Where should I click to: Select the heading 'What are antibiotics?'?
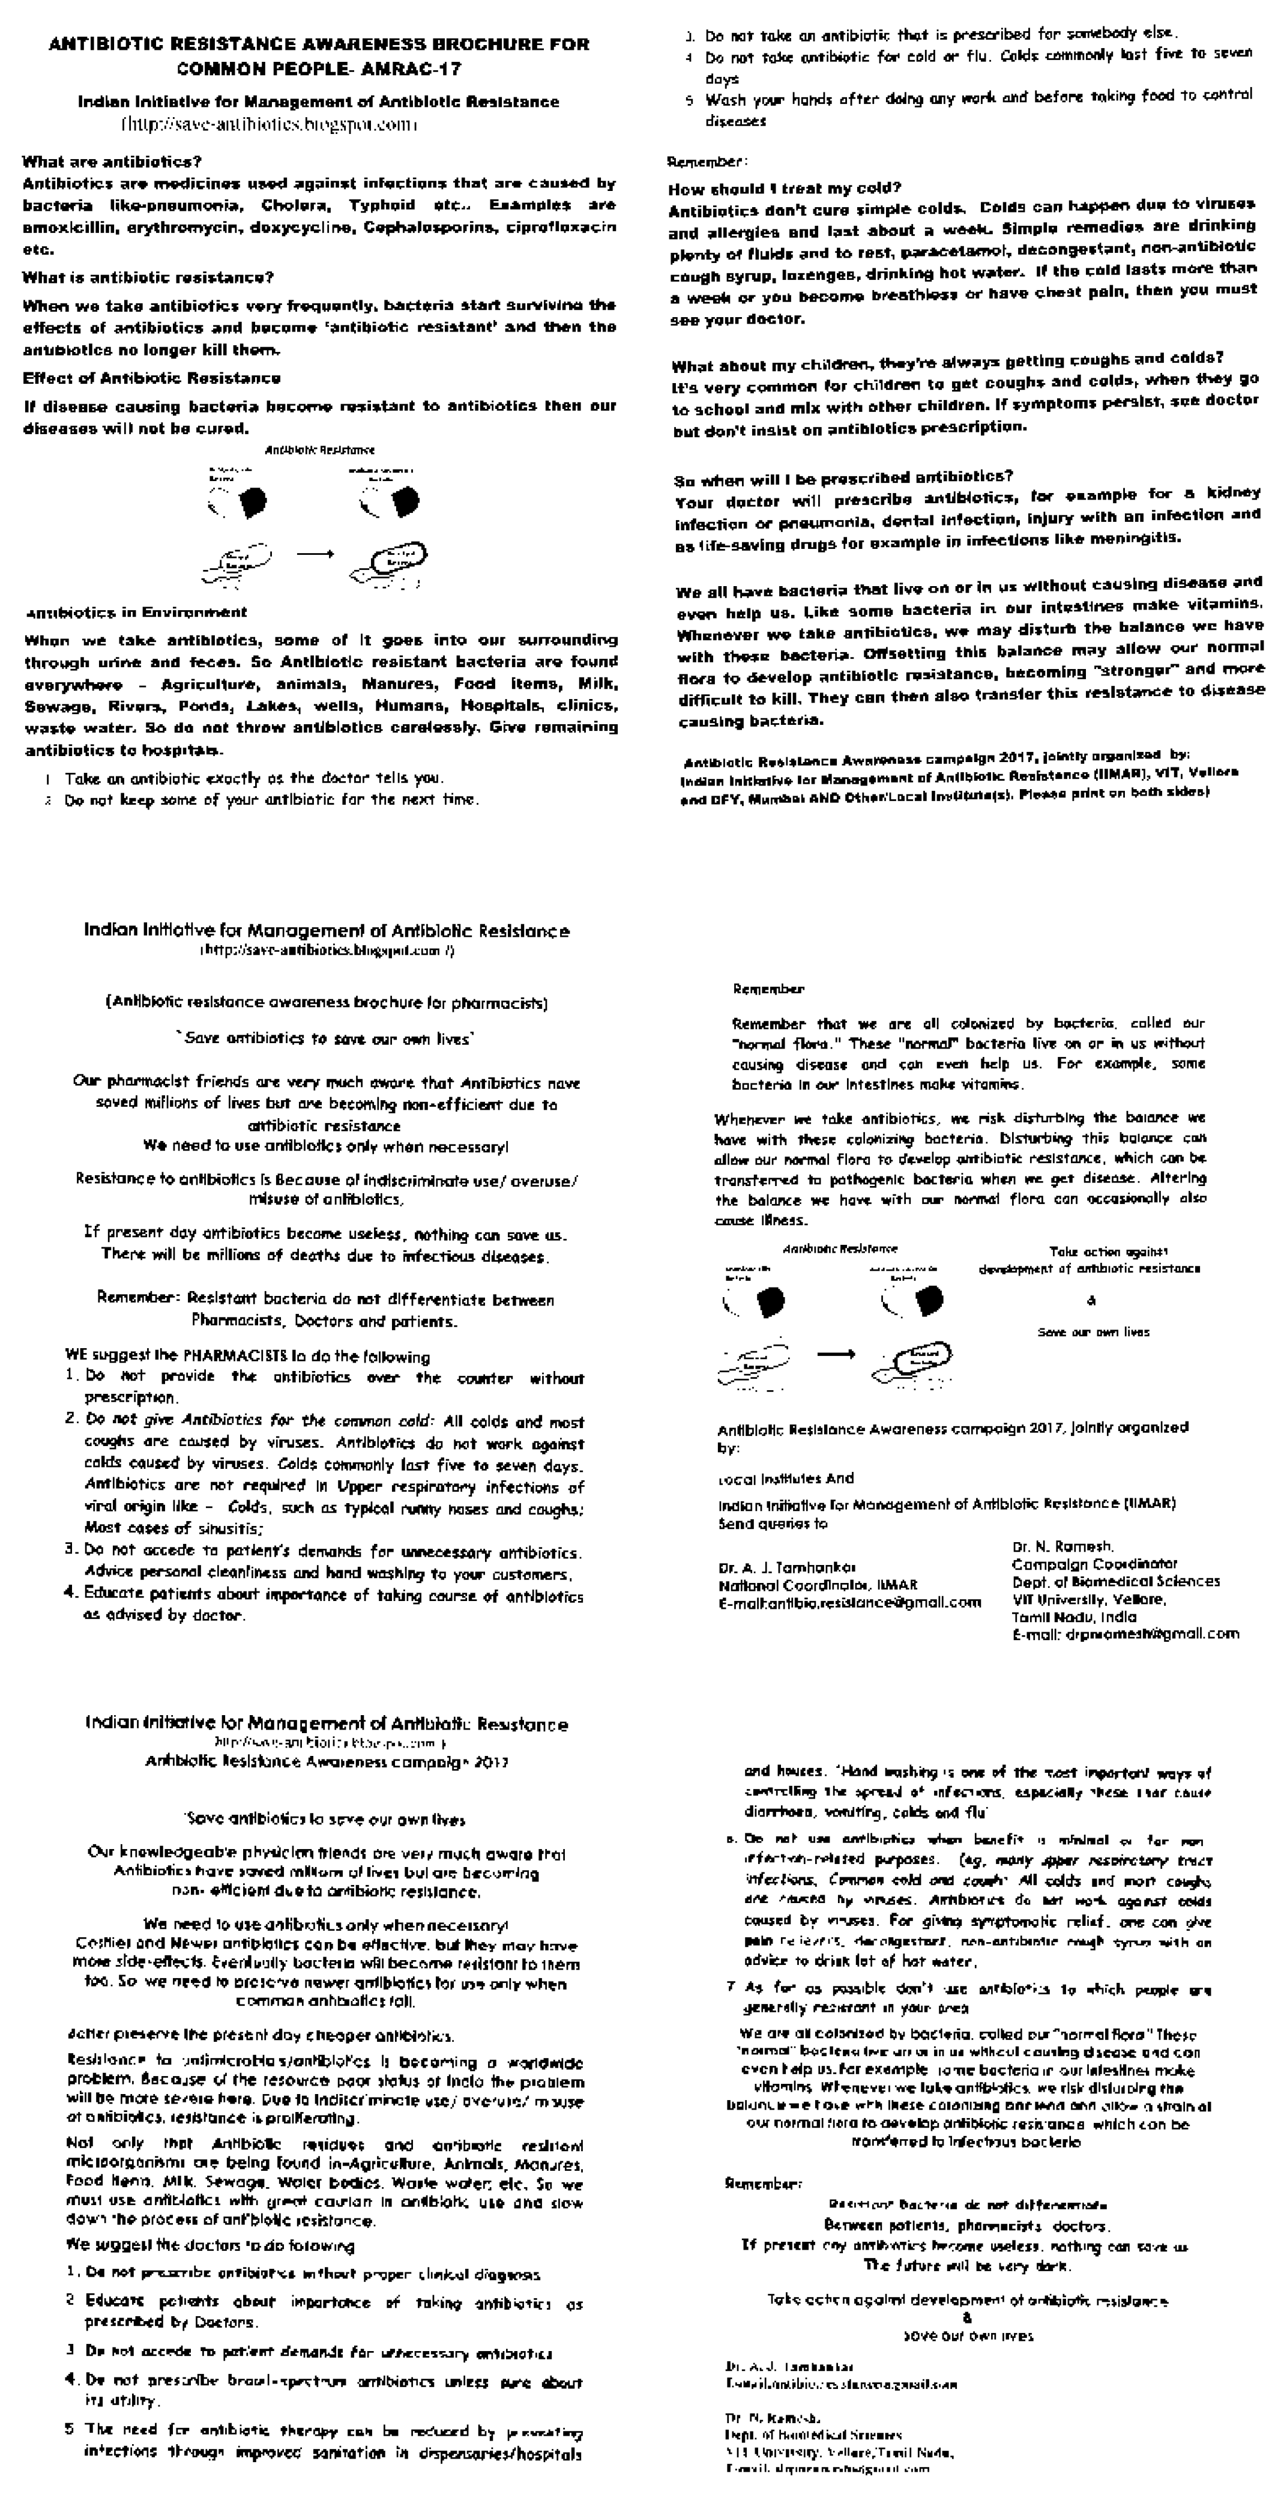[x=112, y=162]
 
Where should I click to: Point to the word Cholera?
[x=295, y=205]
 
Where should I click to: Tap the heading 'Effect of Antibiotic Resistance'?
[x=151, y=378]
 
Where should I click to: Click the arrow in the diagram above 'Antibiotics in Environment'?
[x=315, y=554]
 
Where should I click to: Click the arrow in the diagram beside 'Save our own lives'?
[x=836, y=1354]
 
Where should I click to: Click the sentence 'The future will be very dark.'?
[x=967, y=2265]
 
